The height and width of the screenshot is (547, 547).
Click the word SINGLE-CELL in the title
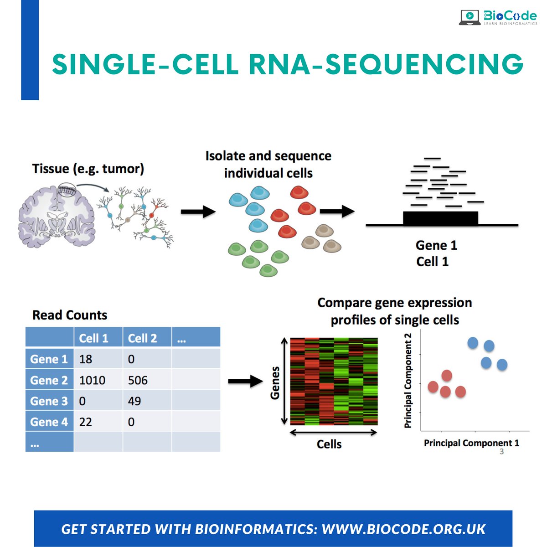145,64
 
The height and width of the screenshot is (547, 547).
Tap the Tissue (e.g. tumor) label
88,169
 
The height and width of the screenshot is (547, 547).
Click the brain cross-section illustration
57,214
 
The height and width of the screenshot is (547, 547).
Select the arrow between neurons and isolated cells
198,212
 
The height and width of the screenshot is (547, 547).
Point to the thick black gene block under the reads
440,218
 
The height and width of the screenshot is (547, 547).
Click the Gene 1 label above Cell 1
436,245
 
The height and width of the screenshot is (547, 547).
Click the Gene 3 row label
49,401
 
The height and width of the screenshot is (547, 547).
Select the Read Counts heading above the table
70,315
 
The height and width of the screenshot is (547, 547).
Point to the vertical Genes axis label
275,383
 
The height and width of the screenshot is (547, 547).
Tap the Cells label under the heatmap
329,444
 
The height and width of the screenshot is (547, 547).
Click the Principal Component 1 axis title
471,443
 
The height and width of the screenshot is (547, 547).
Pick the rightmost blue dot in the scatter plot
502,365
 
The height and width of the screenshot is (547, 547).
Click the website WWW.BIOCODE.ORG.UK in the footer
403,529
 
